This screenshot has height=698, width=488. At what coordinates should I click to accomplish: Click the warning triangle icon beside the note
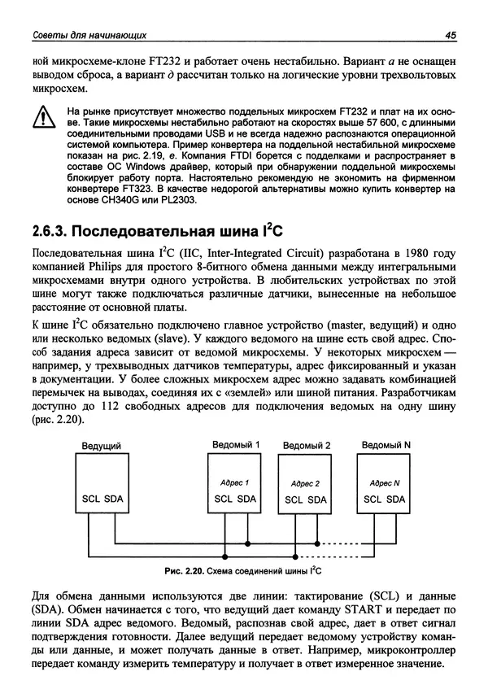tap(38, 120)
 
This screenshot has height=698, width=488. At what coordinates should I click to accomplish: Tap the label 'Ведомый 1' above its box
tap(236, 445)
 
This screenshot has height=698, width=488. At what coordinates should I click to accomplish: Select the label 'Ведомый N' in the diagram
tap(386, 445)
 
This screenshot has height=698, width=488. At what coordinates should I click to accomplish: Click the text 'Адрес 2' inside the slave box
tap(305, 483)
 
